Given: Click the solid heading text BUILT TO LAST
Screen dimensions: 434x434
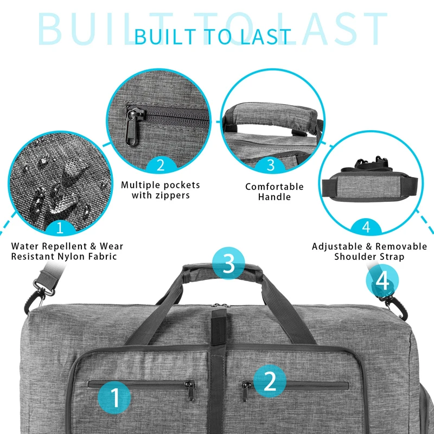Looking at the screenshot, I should (x=213, y=36).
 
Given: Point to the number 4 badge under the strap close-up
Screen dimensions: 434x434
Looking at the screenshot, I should (x=366, y=227).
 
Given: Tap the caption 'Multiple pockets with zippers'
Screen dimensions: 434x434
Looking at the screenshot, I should (x=161, y=190).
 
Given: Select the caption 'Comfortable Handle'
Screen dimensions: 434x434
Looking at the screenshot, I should (x=275, y=192).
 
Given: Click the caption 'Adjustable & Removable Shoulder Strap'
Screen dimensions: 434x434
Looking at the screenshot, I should (x=366, y=251).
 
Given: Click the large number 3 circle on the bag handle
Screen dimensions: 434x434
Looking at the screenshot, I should (x=229, y=264).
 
